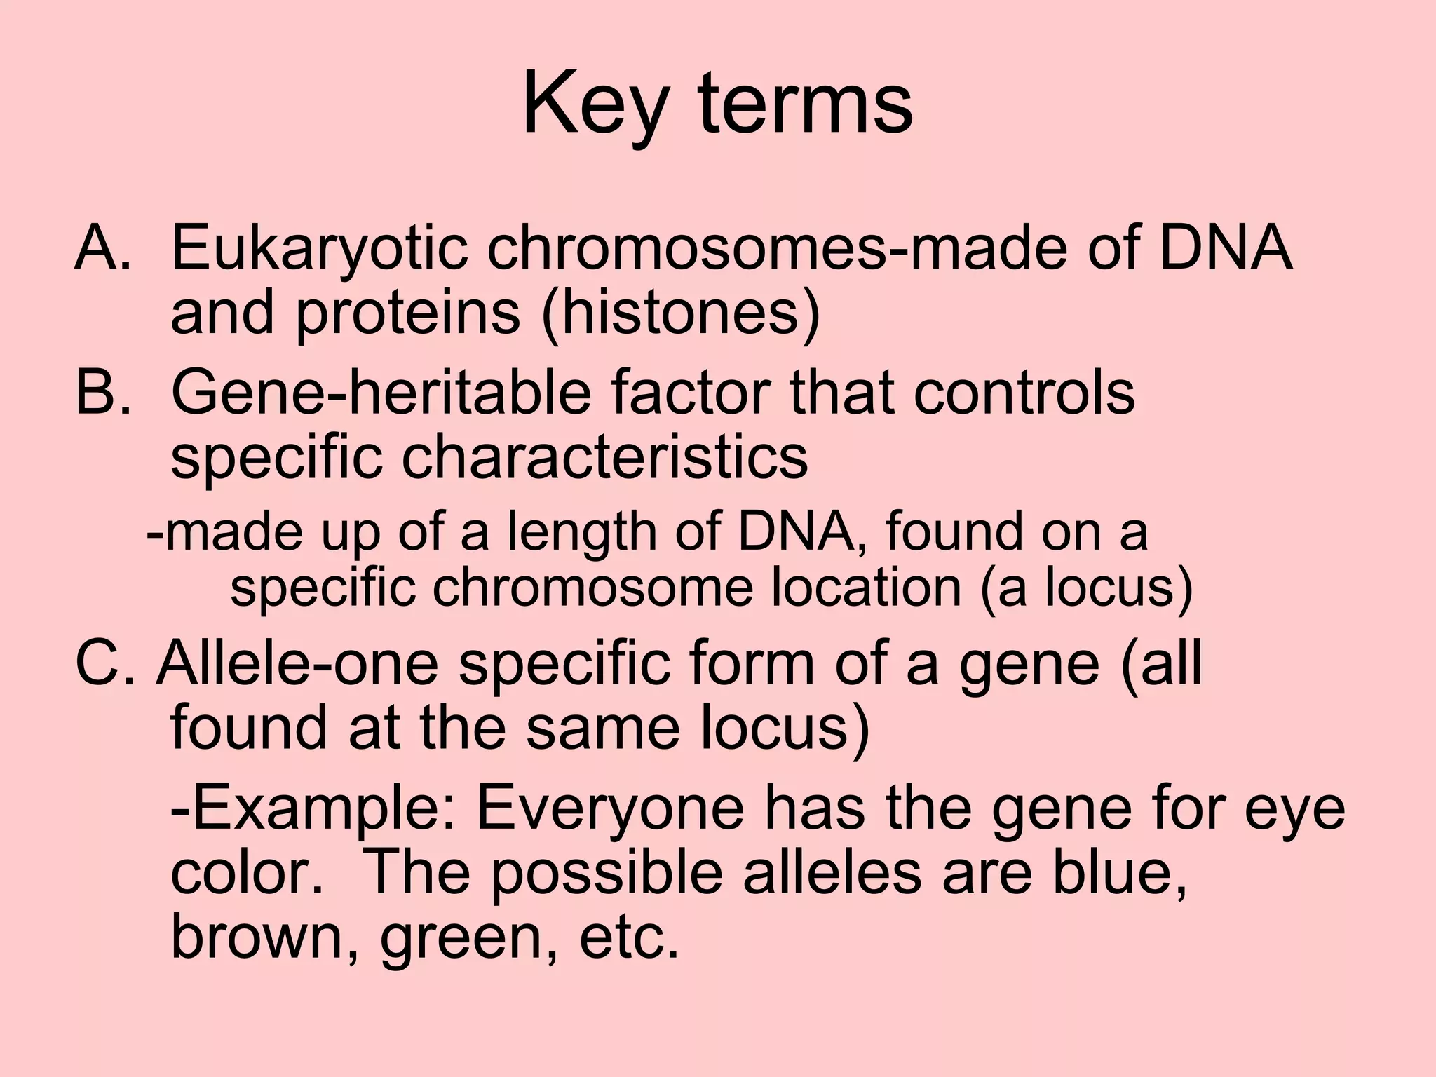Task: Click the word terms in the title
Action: pyautogui.click(x=806, y=105)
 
